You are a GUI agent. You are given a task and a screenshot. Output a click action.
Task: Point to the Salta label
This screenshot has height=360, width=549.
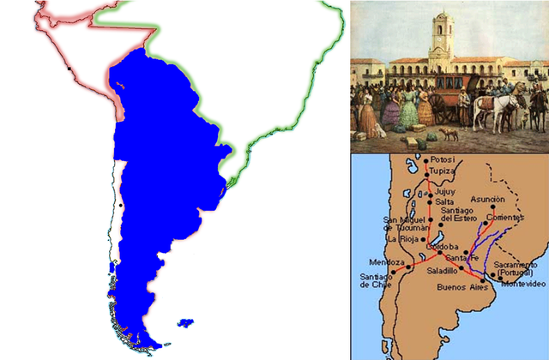pos(445,201)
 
